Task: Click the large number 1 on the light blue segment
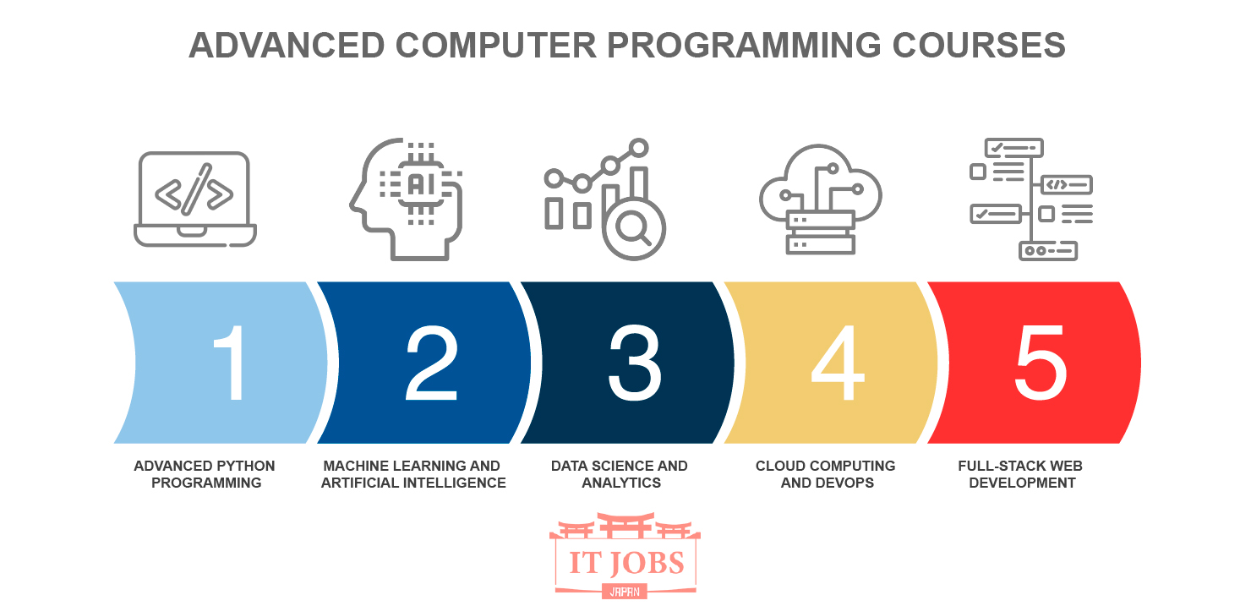[231, 363]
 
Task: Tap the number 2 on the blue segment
[432, 363]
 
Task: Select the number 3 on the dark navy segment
[635, 363]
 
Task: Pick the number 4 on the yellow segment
[837, 363]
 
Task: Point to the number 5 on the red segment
[1041, 363]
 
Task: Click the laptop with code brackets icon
[195, 199]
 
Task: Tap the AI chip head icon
[407, 199]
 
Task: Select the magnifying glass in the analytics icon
[632, 227]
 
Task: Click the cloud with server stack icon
[820, 199]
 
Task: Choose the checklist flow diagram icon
[1030, 199]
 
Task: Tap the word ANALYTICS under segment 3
[620, 483]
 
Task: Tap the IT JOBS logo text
[625, 563]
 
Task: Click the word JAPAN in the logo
[625, 592]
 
